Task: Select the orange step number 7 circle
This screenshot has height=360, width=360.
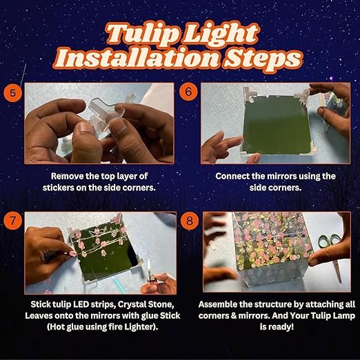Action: tap(14, 220)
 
